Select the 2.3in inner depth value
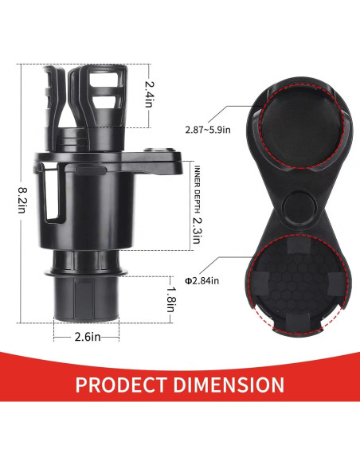point(197,231)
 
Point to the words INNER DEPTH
point(197,190)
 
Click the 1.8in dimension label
point(171,299)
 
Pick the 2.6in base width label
point(88,337)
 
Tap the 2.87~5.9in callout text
point(208,130)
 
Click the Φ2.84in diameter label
point(202,280)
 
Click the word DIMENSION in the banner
point(229,385)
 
